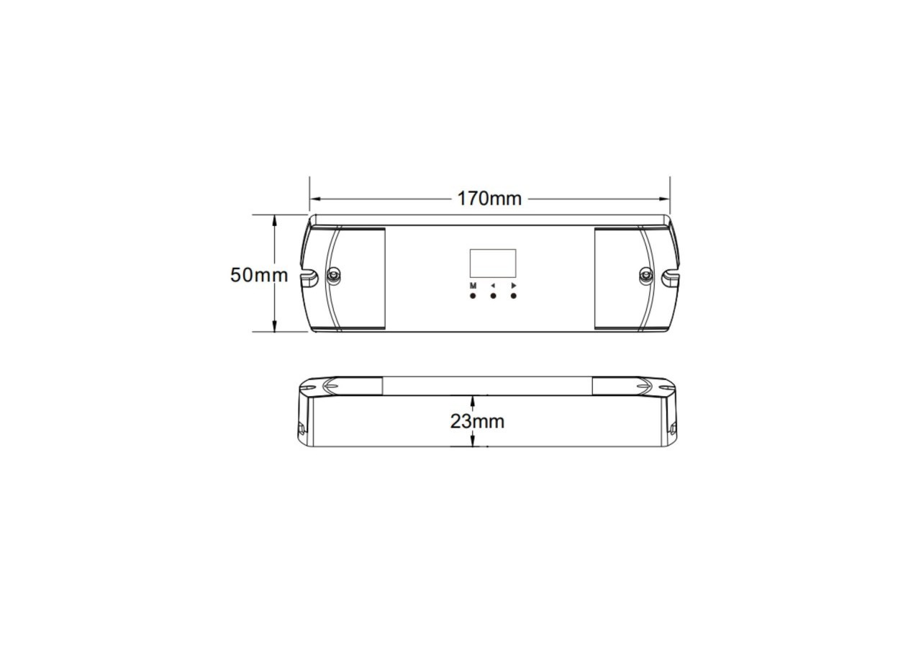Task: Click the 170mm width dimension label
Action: tap(489, 198)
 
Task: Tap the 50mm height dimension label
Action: tap(258, 275)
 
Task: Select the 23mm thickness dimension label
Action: tap(477, 421)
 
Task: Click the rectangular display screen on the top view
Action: tap(493, 264)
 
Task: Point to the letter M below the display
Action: tap(473, 286)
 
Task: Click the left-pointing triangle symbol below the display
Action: tap(493, 286)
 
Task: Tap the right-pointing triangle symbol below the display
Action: tap(514, 286)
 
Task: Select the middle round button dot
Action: tap(493, 296)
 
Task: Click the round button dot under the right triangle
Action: tap(514, 296)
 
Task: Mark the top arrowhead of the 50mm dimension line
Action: tap(274, 219)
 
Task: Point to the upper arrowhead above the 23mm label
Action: tap(473, 400)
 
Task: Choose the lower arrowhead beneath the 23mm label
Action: tap(473, 442)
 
